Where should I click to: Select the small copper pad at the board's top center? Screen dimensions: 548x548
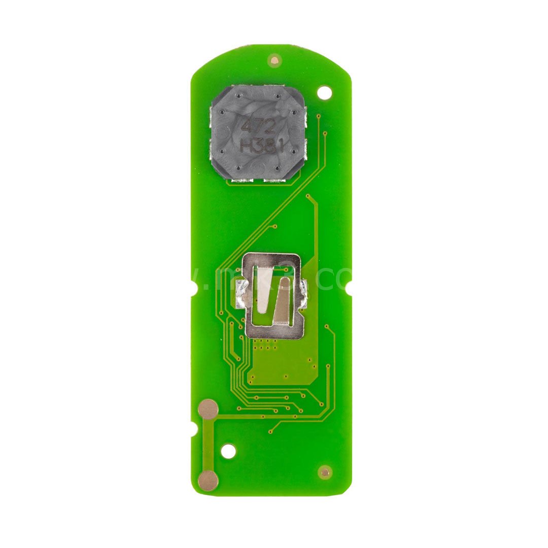(275, 60)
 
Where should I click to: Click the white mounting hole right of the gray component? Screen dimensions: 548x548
(324, 92)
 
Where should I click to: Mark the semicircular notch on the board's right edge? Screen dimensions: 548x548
(350, 282)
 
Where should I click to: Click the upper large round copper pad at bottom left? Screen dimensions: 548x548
(208, 409)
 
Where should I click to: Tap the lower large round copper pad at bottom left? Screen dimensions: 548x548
(208, 479)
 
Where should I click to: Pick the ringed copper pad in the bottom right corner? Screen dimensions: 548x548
(325, 472)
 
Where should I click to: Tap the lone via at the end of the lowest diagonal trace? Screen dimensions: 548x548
(270, 432)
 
